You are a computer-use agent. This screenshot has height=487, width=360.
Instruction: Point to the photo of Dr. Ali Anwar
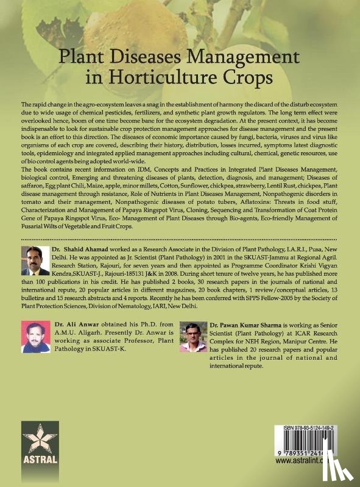(35, 337)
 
